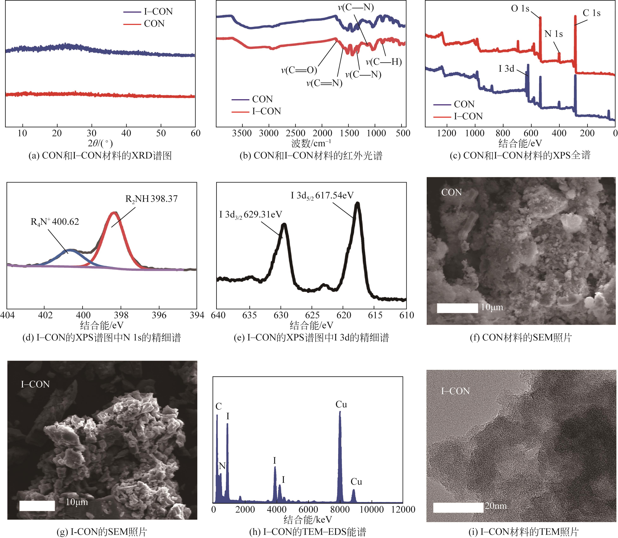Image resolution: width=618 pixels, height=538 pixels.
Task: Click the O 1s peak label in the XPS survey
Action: point(520,9)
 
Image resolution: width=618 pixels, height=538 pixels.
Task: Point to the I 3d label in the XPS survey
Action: point(506,69)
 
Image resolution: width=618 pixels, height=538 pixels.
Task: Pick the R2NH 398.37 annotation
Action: point(151,199)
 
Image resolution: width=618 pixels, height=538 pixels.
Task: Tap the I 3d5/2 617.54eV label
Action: point(322,196)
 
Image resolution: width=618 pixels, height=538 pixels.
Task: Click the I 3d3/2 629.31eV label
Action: point(251,215)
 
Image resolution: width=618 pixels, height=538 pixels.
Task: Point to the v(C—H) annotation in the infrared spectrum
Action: point(384,62)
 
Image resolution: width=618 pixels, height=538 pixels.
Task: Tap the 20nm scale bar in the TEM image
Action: point(458,507)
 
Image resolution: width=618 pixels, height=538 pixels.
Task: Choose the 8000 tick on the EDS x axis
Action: point(340,510)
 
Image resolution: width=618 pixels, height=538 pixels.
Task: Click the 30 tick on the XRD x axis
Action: point(92,133)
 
